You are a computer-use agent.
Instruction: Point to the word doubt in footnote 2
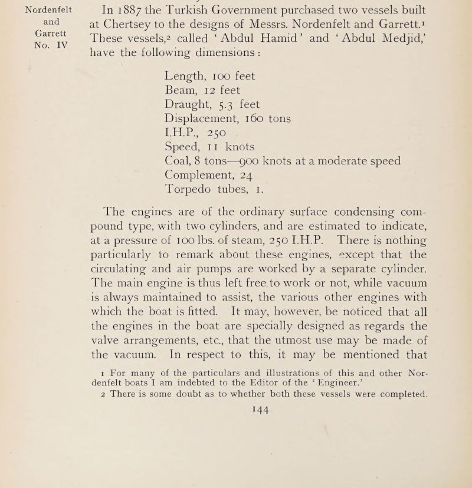tap(189, 402)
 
